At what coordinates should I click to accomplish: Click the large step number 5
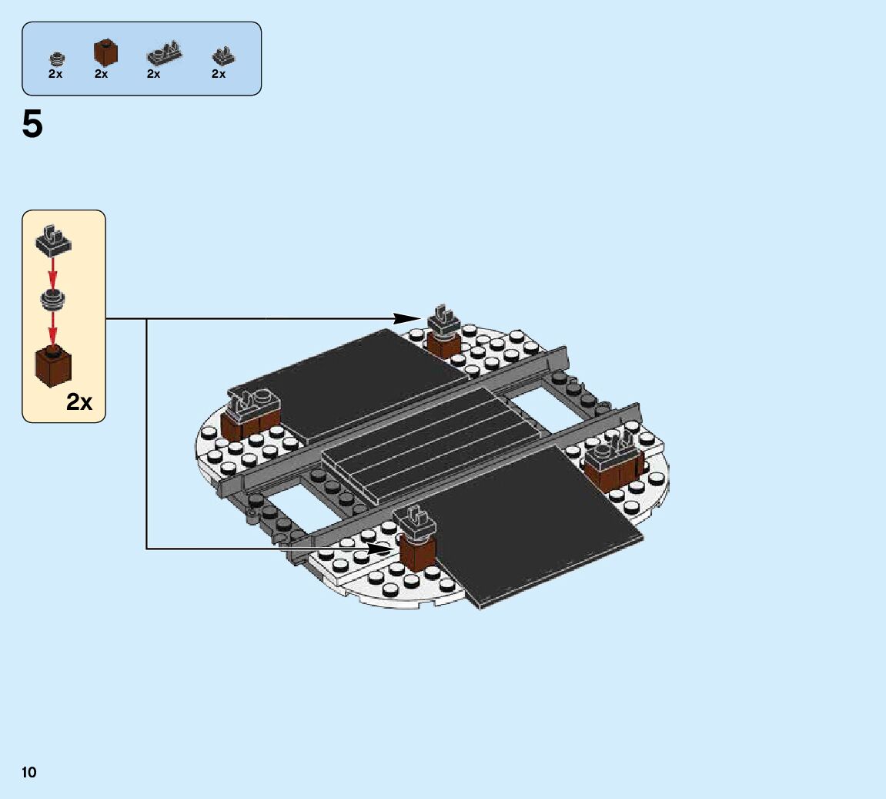32,125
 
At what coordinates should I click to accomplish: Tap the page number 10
29,772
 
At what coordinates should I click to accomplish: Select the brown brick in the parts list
105,52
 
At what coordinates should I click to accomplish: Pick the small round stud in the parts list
55,58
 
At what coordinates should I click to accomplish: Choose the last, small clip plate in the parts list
223,55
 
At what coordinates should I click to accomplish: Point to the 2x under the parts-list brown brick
101,74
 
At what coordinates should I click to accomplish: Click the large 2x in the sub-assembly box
79,401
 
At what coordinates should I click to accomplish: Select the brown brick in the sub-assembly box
53,368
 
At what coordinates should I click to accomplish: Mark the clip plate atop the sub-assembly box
53,240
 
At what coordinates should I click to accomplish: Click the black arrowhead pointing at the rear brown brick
407,318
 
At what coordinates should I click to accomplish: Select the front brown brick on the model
416,552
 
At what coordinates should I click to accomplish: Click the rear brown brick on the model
443,342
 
